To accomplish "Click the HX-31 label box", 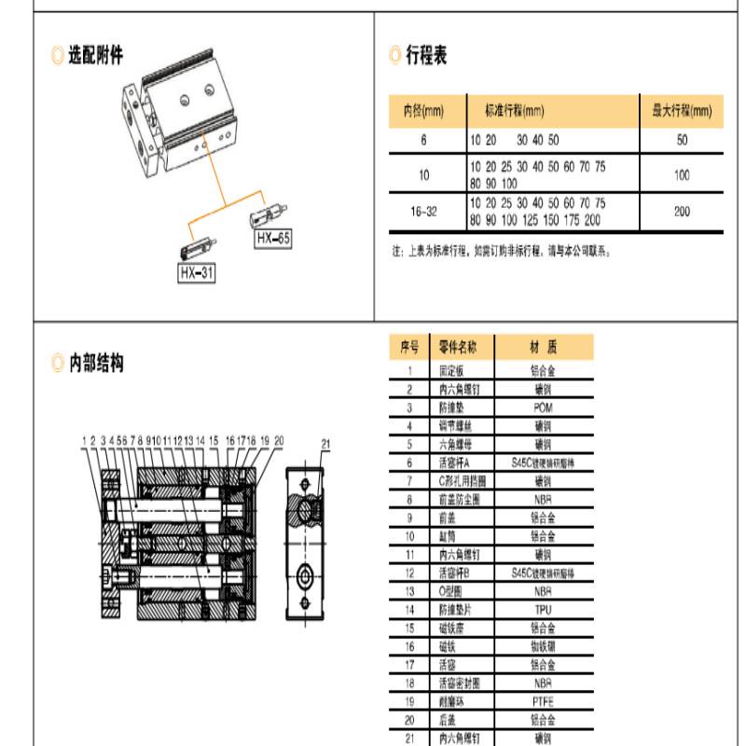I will (197, 273).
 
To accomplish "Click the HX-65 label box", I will (274, 239).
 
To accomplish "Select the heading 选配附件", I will (96, 56).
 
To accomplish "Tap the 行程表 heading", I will (426, 56).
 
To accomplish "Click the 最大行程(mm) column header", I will (682, 112).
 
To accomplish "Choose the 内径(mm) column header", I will (423, 112).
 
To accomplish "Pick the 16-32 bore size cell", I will (423, 212).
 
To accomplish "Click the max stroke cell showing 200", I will (682, 212).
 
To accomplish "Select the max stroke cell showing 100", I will (682, 174).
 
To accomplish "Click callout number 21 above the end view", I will (325, 442).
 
